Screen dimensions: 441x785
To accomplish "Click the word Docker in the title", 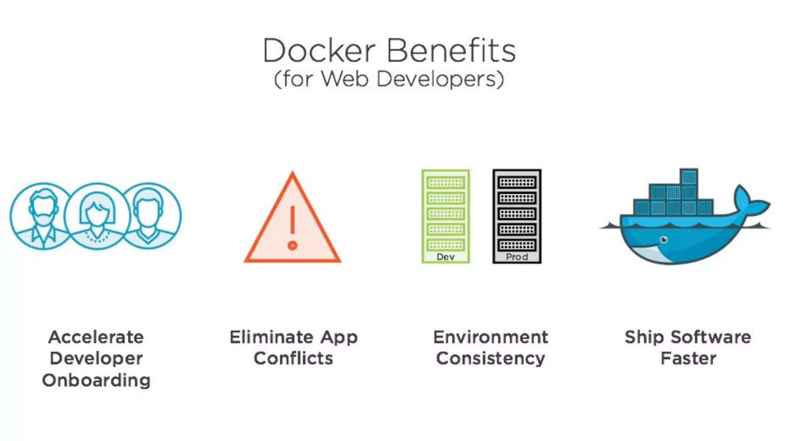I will [319, 51].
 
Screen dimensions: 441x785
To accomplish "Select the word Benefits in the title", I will [451, 51].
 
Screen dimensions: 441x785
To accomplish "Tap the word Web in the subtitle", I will [345, 79].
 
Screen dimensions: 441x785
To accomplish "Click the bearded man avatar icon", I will [43, 216].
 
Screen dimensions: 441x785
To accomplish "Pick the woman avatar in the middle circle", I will [97, 216].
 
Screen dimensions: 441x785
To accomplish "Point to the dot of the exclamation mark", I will [292, 245].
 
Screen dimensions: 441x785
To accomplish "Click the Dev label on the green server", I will [445, 257].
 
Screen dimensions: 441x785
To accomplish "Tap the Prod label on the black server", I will [517, 257].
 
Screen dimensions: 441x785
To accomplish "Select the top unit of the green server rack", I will [445, 183].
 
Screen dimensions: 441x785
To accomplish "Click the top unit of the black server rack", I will [517, 183].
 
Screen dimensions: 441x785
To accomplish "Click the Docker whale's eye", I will [664, 240].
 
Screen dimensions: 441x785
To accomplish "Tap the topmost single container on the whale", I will [689, 176].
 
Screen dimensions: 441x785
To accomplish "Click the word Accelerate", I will [96, 337].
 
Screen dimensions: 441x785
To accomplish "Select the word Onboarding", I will [96, 381].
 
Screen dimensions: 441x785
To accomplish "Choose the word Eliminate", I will [272, 337].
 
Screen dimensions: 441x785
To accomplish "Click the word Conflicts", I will [294, 359].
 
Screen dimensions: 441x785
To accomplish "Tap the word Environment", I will [491, 337].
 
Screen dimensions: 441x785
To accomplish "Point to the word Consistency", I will [491, 359].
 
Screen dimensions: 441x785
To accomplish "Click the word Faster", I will [688, 359].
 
